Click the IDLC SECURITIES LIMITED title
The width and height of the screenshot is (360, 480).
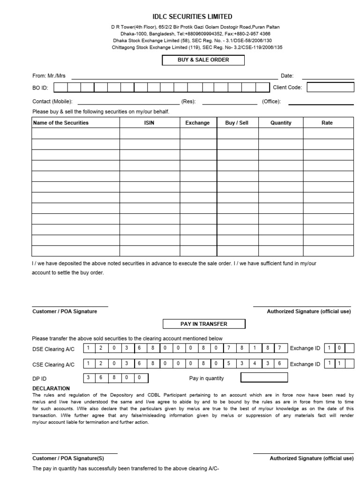pos(192,16)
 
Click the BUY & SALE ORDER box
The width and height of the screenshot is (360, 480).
pos(196,60)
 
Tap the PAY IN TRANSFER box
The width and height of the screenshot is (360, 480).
pos(197,324)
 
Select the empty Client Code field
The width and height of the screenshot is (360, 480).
pos(330,87)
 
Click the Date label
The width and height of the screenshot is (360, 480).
pos(287,75)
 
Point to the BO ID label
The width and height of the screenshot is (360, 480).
pos(40,88)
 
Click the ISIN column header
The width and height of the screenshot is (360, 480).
pos(150,123)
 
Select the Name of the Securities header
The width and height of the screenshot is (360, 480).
pos(60,123)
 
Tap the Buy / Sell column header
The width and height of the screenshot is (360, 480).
pos(237,123)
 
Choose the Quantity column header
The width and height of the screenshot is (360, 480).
pos(281,123)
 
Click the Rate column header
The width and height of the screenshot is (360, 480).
pos(327,123)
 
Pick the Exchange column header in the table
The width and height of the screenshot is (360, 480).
pos(197,123)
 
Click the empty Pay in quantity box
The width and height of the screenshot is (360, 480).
pos(264,378)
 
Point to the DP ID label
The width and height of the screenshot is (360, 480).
pos(39,379)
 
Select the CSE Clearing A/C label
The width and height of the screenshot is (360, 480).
pos(53,364)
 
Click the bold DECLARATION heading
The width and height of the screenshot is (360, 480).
pos(51,388)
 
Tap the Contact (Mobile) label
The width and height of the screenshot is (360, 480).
pos(52,101)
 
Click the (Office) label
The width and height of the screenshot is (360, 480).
pos(271,101)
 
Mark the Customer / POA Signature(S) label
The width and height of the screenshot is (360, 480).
pos(68,458)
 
